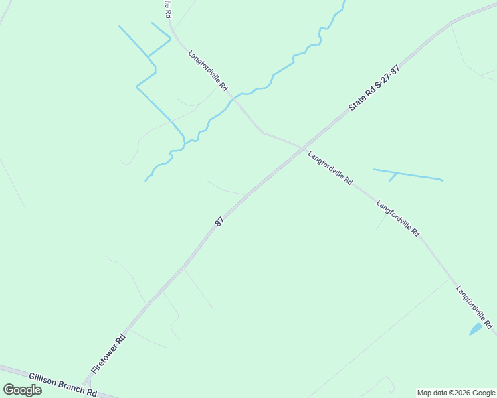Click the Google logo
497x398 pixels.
pos(22,390)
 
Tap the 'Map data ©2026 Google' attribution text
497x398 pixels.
pos(456,393)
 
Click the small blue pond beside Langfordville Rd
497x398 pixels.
pos(475,329)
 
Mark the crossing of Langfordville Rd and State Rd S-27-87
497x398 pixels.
pos(303,147)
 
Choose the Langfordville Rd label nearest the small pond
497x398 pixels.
pos(474,307)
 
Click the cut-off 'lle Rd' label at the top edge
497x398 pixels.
pos(167,9)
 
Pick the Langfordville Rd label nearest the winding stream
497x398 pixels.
pos(208,70)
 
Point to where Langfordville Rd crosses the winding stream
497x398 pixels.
pos(233,98)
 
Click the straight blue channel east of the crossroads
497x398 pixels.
pos(408,174)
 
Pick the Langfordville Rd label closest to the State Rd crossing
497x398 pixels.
pos(330,168)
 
